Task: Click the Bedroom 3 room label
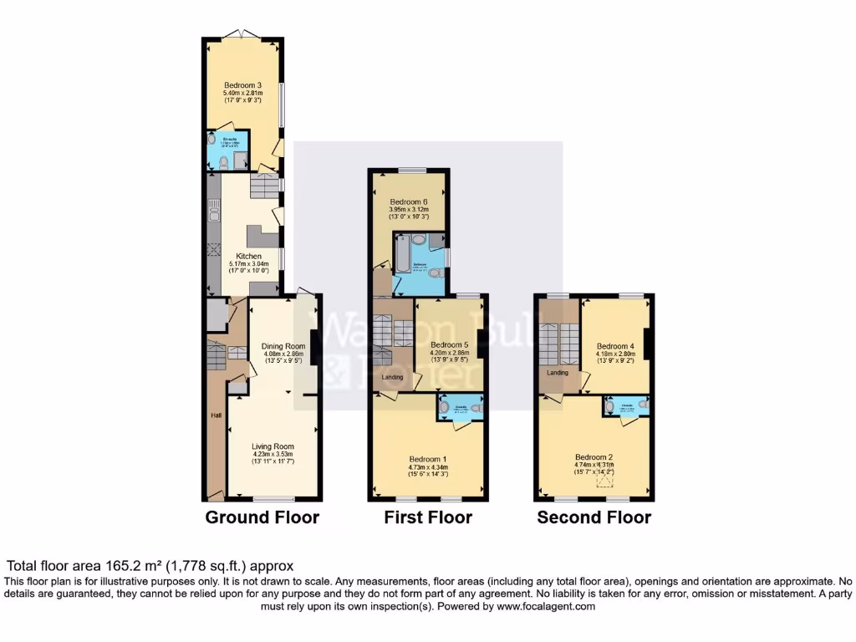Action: pyautogui.click(x=242, y=85)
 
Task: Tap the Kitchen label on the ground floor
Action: pyautogui.click(x=248, y=256)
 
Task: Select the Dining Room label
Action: pyautogui.click(x=283, y=346)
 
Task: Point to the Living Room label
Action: pyautogui.click(x=273, y=446)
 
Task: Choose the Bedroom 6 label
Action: pyautogui.click(x=409, y=201)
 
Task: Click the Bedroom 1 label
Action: pyautogui.click(x=428, y=459)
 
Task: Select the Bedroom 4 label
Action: pyautogui.click(x=616, y=346)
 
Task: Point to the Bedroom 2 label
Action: pyautogui.click(x=594, y=457)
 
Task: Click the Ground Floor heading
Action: pyautogui.click(x=262, y=517)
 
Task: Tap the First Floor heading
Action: pyautogui.click(x=428, y=517)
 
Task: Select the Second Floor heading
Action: pyautogui.click(x=594, y=517)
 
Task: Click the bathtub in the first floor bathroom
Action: pyautogui.click(x=400, y=254)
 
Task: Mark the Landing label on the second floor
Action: pyautogui.click(x=558, y=373)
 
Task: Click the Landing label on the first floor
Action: pyautogui.click(x=392, y=377)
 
